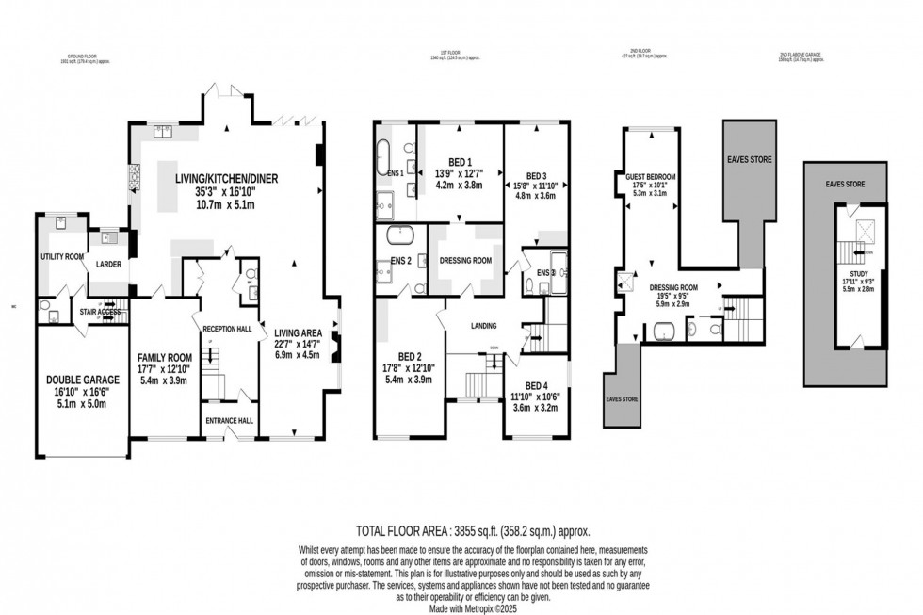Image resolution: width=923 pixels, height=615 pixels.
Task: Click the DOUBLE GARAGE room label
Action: point(80,380)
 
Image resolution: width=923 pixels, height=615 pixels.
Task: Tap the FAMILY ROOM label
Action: point(165,357)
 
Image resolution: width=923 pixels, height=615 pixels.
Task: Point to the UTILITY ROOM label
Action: point(62,256)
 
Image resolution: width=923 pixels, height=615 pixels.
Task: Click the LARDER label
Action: point(108,265)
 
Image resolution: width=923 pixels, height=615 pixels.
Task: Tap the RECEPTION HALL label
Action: point(230,328)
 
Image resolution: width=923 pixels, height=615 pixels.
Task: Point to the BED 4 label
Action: point(536,385)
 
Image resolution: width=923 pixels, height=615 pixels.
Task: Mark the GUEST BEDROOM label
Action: point(652,175)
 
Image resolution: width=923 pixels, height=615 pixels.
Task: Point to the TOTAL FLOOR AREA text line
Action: point(473,531)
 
